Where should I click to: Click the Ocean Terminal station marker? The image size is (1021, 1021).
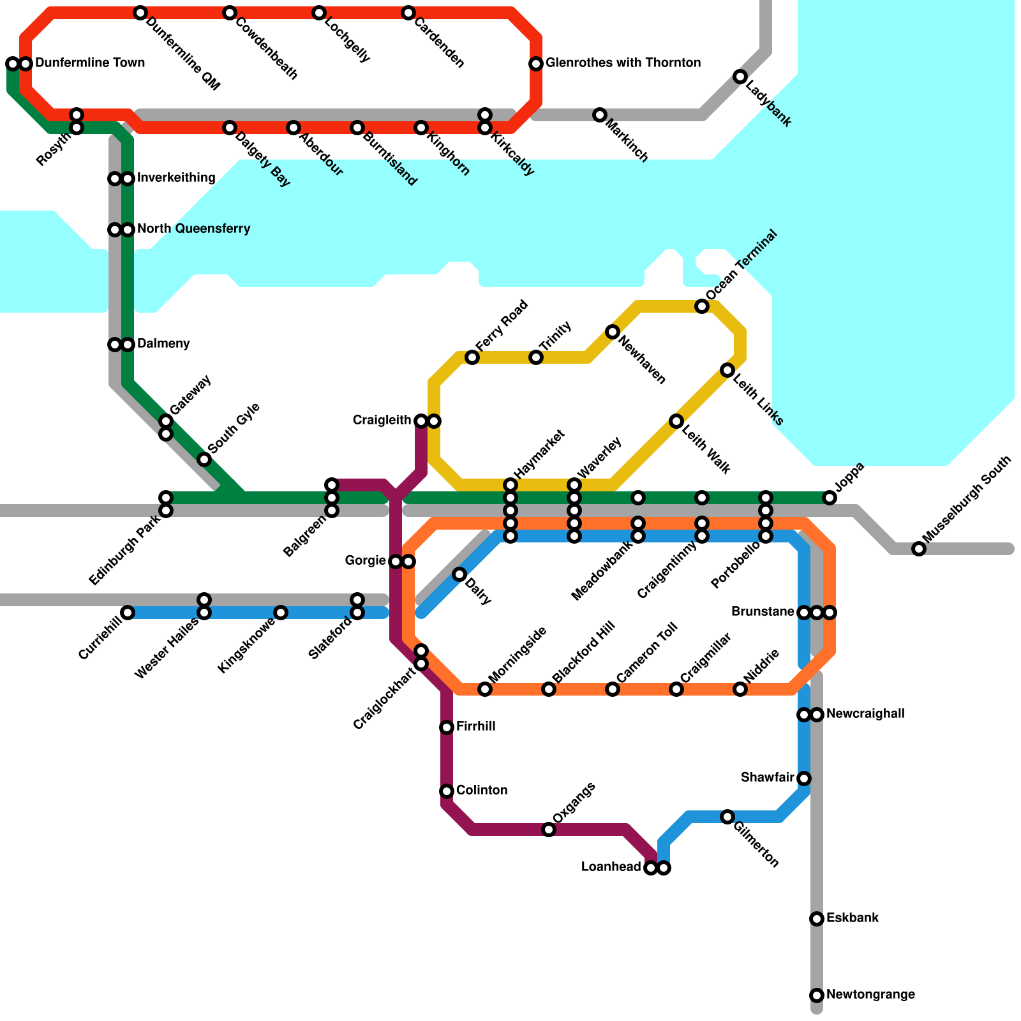pos(702,306)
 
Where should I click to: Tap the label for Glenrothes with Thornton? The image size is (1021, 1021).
pos(623,63)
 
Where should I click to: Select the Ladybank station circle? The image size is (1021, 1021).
pos(740,77)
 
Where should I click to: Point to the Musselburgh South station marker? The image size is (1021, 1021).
pos(919,549)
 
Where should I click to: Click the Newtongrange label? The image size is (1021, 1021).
pos(870,995)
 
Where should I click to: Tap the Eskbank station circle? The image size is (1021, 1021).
pos(817,919)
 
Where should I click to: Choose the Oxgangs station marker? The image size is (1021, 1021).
pos(549,830)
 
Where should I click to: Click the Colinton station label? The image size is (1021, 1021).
pos(482,791)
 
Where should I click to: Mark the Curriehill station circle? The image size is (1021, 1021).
pos(128,613)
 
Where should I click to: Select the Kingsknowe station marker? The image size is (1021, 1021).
pos(281,613)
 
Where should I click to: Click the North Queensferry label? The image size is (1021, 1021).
pos(193,229)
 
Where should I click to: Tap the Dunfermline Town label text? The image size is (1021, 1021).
pos(90,63)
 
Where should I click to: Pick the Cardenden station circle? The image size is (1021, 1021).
pos(408,13)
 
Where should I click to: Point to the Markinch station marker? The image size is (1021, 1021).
pos(600,115)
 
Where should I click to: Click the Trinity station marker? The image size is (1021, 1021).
pos(536,357)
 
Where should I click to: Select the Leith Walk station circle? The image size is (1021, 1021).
pos(676,421)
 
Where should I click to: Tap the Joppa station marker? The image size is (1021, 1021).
pos(830,498)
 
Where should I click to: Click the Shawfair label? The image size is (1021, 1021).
pos(767,778)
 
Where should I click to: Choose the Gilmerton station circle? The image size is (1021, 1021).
pos(727,817)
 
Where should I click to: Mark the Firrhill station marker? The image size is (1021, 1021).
pos(447,727)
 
